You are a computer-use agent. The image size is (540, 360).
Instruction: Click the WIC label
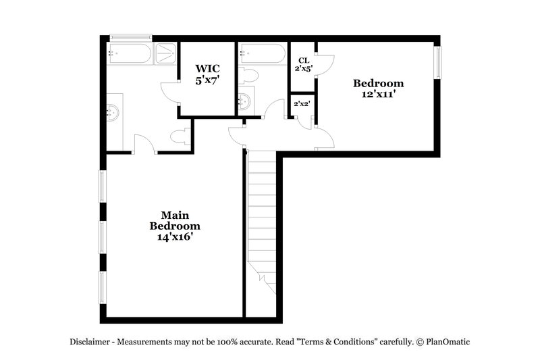click(207, 68)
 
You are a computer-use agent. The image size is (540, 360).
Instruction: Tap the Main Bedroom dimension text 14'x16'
click(175, 237)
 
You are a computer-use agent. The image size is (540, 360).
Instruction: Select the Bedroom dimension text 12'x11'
click(379, 95)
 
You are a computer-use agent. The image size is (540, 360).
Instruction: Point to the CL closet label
click(303, 60)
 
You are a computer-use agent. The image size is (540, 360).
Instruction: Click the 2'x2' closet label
click(301, 105)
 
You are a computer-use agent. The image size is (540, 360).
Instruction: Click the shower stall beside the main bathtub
click(165, 53)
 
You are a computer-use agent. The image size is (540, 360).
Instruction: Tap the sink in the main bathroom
click(112, 112)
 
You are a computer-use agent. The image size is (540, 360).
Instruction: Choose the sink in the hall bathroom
click(244, 101)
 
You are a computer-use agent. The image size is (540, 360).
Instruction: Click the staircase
click(261, 216)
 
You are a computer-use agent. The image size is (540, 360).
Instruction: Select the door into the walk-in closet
click(169, 93)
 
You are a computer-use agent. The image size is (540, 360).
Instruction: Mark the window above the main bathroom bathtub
click(131, 37)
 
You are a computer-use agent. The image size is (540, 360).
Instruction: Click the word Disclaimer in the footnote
click(92, 342)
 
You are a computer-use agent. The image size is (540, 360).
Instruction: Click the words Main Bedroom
click(175, 220)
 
